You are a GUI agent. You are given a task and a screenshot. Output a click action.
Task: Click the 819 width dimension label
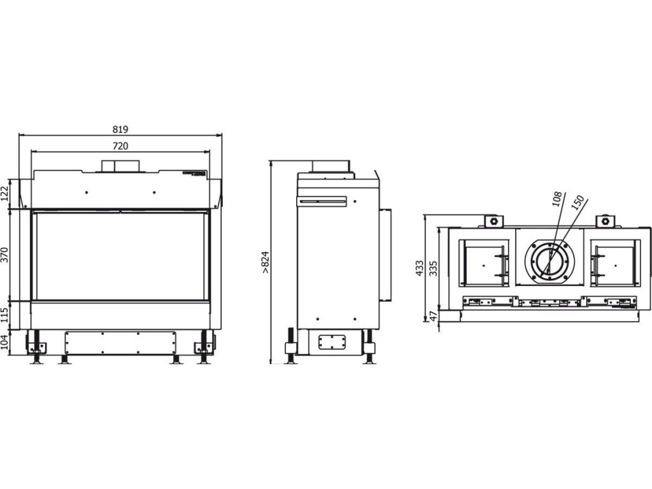[x=120, y=129]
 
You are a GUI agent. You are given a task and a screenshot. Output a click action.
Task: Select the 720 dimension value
[x=120, y=146]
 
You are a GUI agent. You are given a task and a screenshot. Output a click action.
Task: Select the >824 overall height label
[x=266, y=262]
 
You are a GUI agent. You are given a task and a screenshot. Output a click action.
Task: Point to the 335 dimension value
[x=434, y=268]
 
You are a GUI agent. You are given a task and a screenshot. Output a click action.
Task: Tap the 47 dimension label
[x=434, y=316]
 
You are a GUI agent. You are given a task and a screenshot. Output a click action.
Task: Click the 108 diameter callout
[x=555, y=199]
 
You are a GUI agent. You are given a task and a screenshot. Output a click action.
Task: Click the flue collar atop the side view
[x=330, y=166]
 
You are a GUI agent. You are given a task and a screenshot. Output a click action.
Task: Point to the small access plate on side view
[x=330, y=342]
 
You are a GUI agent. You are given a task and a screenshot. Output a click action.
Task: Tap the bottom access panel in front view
[x=120, y=344]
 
